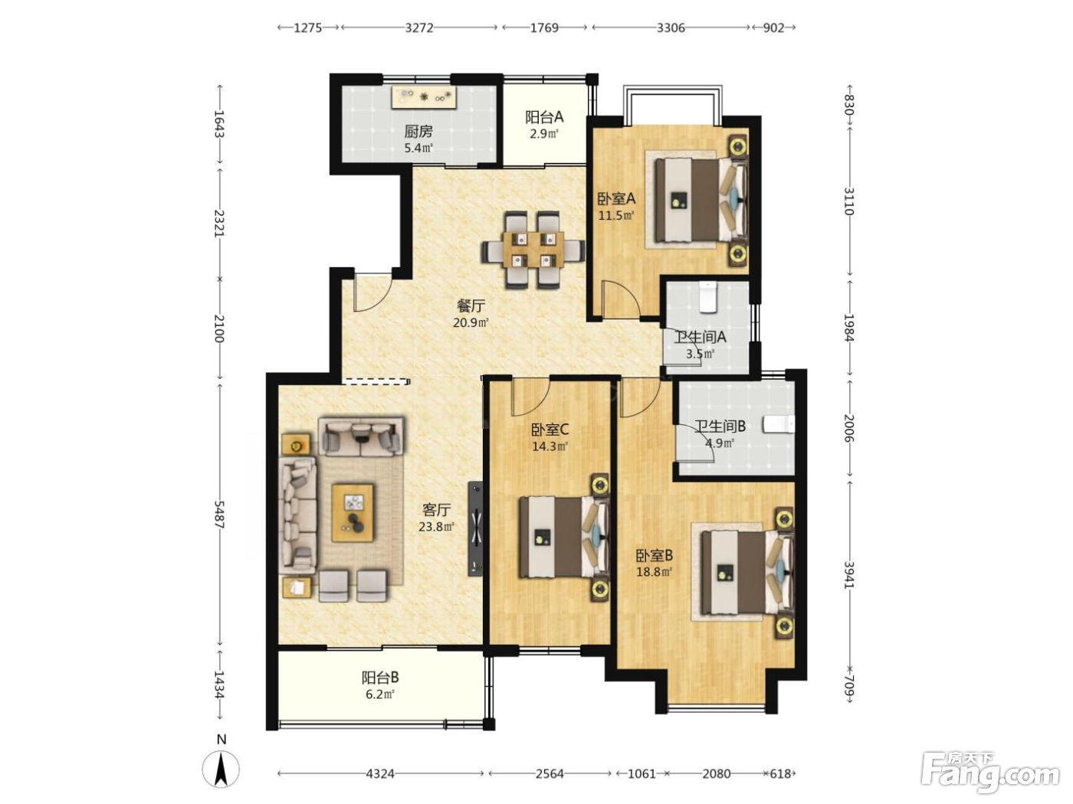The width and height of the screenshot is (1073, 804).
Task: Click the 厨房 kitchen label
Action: coord(418,132)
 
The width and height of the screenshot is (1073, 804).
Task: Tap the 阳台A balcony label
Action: coord(544,117)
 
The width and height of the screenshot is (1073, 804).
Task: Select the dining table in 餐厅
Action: coord(533,250)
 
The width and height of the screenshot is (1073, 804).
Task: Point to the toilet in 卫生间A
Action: coord(707,296)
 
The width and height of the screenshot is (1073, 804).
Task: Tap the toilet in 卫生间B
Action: coord(779,424)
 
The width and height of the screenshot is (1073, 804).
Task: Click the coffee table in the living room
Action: coord(353,512)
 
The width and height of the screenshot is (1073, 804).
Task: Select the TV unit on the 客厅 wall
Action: coord(475,529)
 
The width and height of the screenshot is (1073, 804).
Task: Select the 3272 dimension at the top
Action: coord(419,28)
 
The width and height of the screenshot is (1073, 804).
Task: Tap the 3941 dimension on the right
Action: coord(850,576)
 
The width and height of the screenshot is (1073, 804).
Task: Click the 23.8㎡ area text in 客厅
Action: coord(437,527)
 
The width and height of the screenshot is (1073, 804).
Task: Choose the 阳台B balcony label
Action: coord(380,678)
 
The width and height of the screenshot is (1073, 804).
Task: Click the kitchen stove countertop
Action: coord(424,98)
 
